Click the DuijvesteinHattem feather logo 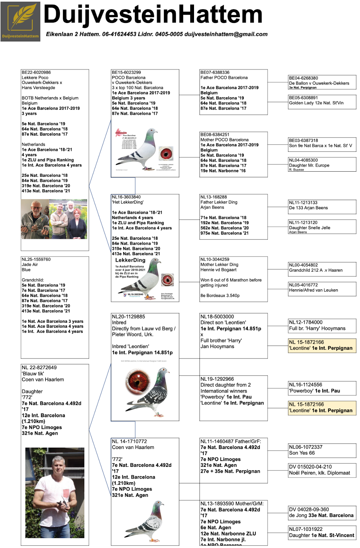(20, 21)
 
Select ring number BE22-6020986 (36, 72)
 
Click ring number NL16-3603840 (126, 197)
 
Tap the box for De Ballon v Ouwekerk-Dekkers (322, 83)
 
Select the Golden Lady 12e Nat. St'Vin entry (322, 102)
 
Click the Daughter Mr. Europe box (322, 165)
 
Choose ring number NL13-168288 (214, 197)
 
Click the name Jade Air (30, 264)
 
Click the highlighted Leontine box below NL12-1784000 (322, 346)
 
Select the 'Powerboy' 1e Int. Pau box (322, 388)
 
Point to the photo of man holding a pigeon (55, 493)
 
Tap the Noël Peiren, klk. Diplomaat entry (322, 470)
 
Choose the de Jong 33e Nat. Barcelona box (322, 513)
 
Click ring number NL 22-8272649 (39, 368)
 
